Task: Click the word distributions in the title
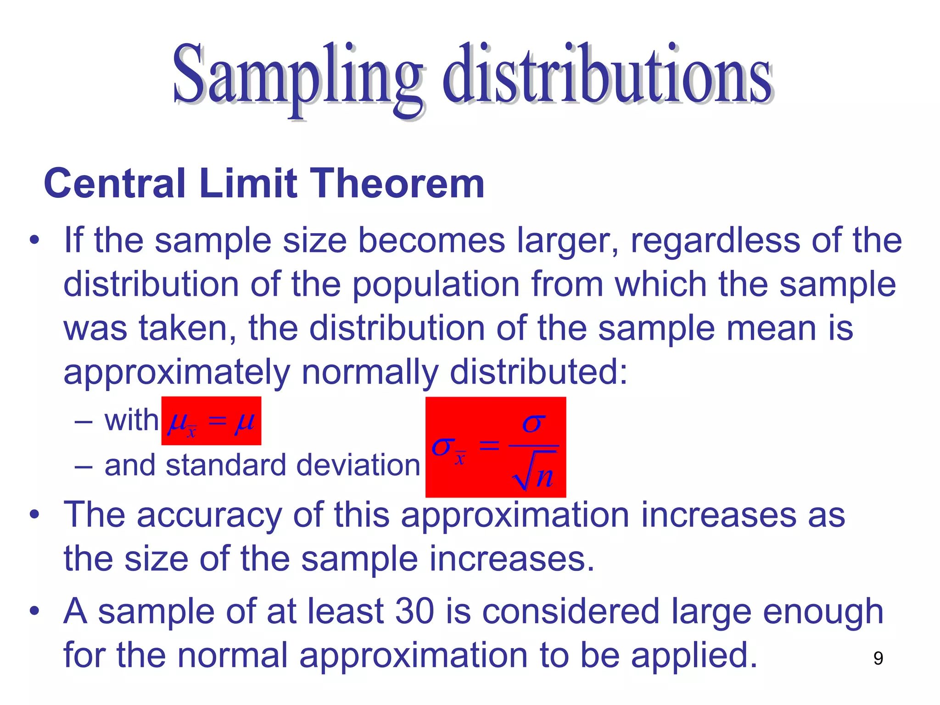(x=607, y=76)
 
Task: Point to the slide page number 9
(x=878, y=658)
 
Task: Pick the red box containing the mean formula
(x=211, y=420)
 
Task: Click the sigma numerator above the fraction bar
(x=534, y=423)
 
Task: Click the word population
(x=436, y=285)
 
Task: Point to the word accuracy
(x=209, y=515)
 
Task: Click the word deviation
(x=358, y=465)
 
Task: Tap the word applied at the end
(x=693, y=655)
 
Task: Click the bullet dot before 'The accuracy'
(x=34, y=515)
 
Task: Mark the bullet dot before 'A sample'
(x=34, y=612)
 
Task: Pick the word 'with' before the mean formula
(x=131, y=420)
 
